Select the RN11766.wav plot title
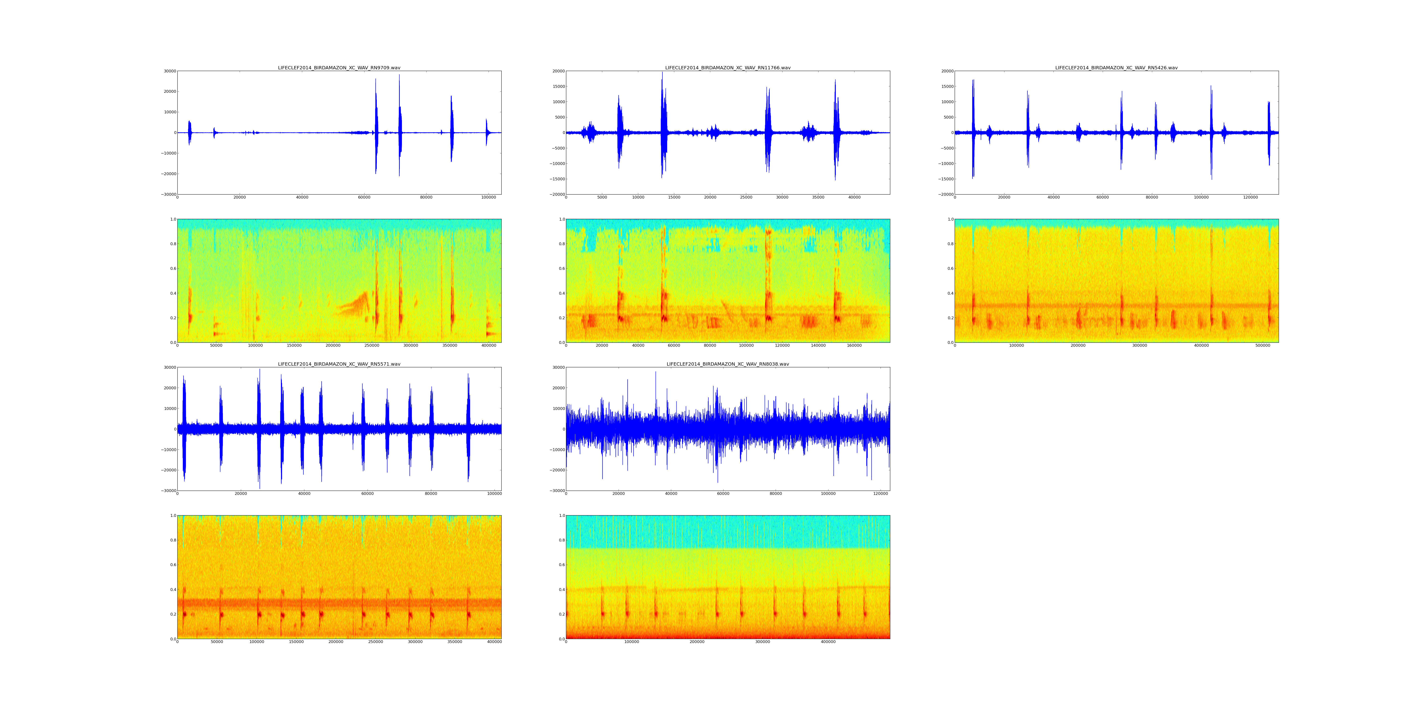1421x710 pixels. point(728,68)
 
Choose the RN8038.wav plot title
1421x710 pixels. point(728,364)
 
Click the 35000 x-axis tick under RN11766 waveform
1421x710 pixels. point(818,197)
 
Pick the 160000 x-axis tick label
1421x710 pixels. point(854,346)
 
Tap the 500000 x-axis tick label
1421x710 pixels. point(1263,346)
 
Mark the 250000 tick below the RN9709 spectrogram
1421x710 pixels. point(372,346)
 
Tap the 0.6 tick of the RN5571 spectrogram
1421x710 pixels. point(173,565)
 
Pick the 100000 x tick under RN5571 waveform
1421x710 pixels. point(494,494)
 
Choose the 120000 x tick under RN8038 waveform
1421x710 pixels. point(880,494)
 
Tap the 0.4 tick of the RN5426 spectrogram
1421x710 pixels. point(950,293)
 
